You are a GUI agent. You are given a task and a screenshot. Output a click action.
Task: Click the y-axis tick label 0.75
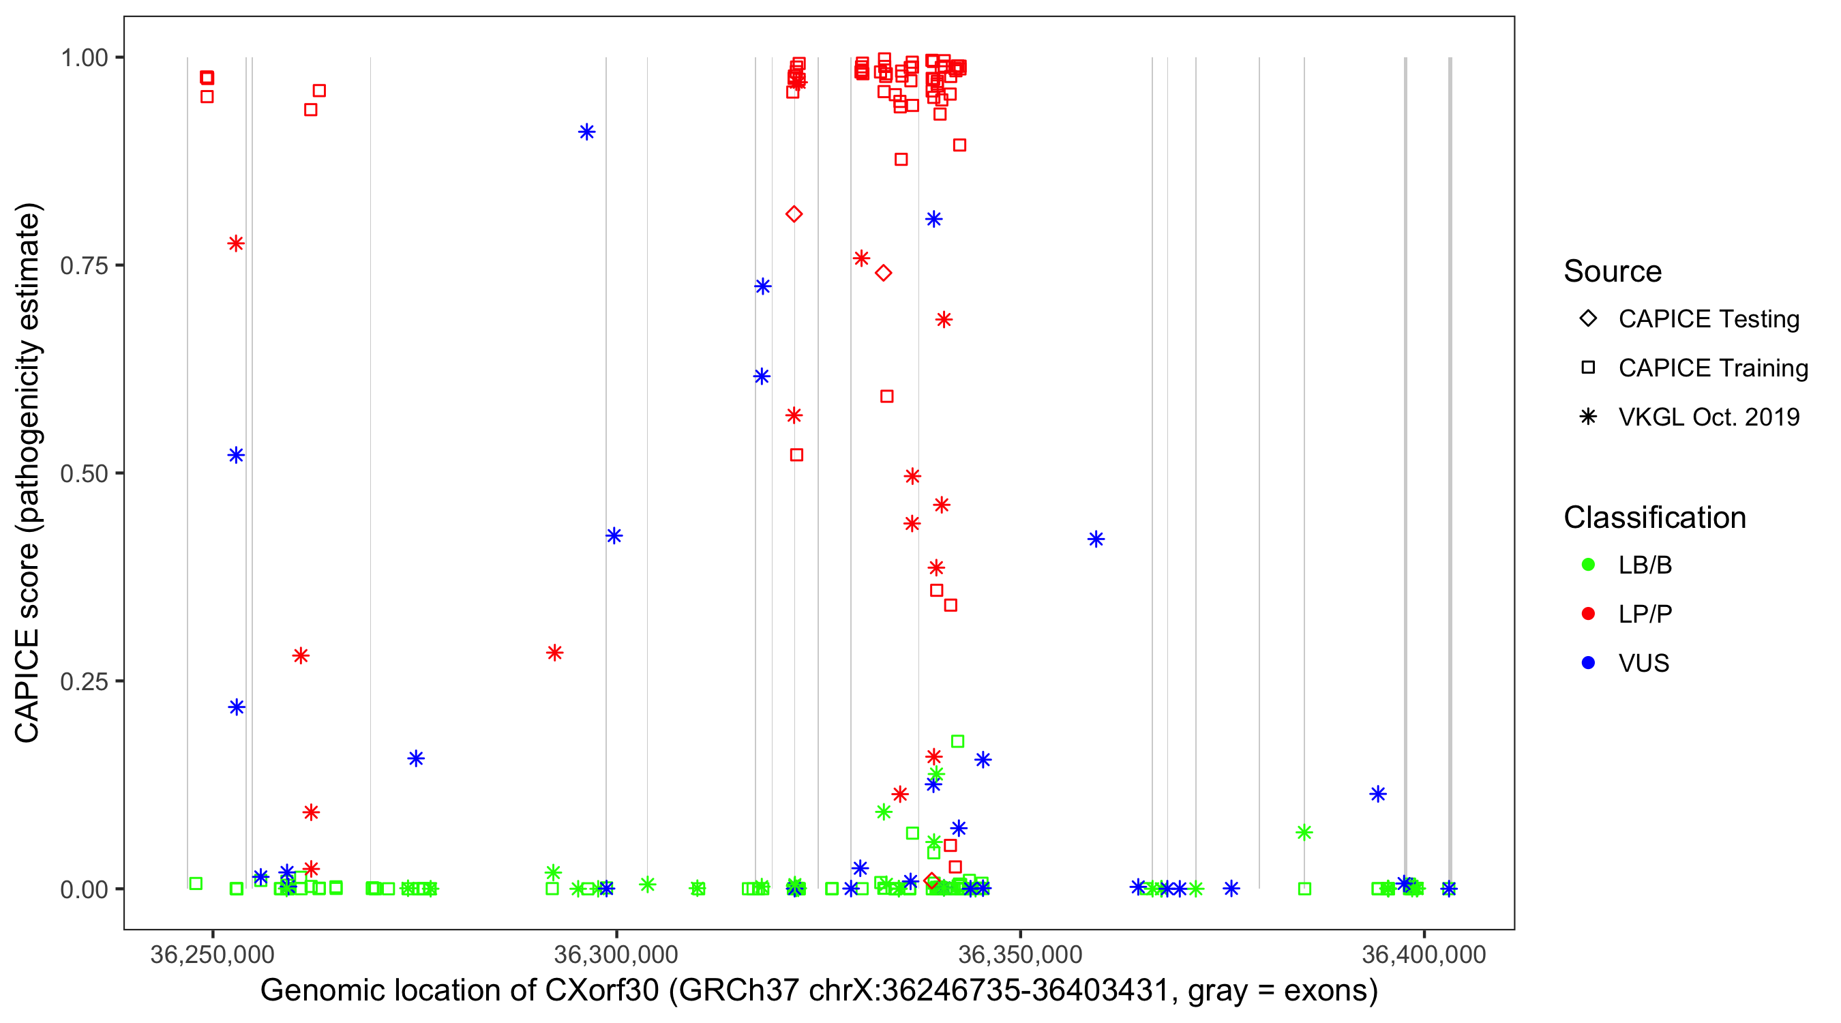pyautogui.click(x=83, y=266)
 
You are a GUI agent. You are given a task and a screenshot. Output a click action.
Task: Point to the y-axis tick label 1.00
pyautogui.click(x=83, y=58)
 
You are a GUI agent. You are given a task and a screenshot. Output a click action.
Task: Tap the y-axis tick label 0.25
pyautogui.click(x=83, y=681)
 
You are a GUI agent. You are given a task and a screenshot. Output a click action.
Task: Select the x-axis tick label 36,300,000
pyautogui.click(x=615, y=954)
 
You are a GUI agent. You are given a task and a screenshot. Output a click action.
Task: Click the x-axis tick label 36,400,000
pyautogui.click(x=1424, y=954)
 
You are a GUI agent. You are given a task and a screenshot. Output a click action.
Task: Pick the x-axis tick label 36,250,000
pyautogui.click(x=212, y=954)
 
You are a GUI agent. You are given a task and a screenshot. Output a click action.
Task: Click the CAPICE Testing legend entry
pyautogui.click(x=1708, y=319)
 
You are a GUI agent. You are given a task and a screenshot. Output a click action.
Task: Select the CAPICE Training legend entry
pyautogui.click(x=1712, y=368)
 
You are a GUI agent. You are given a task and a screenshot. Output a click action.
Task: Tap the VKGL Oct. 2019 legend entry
pyautogui.click(x=1708, y=417)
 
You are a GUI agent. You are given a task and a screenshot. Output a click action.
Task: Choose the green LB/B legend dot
pyautogui.click(x=1588, y=565)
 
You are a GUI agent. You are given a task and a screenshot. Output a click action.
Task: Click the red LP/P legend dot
pyautogui.click(x=1588, y=614)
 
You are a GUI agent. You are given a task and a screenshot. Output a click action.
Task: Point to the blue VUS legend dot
pyautogui.click(x=1588, y=663)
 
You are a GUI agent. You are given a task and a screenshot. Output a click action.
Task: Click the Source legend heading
pyautogui.click(x=1613, y=271)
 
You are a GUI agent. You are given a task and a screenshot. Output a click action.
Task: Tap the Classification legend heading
pyautogui.click(x=1654, y=518)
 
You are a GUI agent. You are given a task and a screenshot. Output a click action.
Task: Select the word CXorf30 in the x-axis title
pyautogui.click(x=601, y=991)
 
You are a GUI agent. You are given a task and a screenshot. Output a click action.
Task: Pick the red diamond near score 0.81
pyautogui.click(x=794, y=213)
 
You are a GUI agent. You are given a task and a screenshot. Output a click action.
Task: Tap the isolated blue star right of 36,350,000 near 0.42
pyautogui.click(x=1096, y=539)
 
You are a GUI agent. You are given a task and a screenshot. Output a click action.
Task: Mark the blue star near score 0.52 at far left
pyautogui.click(x=236, y=456)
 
